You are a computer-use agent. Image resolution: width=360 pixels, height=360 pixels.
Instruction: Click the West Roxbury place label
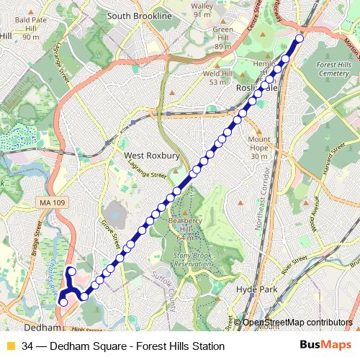(x=153, y=155)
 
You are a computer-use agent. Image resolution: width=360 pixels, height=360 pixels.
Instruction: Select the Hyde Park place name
(x=256, y=289)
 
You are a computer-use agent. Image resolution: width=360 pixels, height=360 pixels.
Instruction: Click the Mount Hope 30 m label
(x=259, y=148)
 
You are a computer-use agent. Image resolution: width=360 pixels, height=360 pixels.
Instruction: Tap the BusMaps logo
(x=325, y=346)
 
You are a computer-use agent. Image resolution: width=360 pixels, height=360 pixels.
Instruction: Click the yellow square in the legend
(x=10, y=346)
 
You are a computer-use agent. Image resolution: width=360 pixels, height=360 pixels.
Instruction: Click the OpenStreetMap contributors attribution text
(x=297, y=323)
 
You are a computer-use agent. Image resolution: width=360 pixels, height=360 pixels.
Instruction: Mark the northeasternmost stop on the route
(x=300, y=38)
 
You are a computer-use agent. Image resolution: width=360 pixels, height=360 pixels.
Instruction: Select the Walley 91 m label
(x=202, y=9)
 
